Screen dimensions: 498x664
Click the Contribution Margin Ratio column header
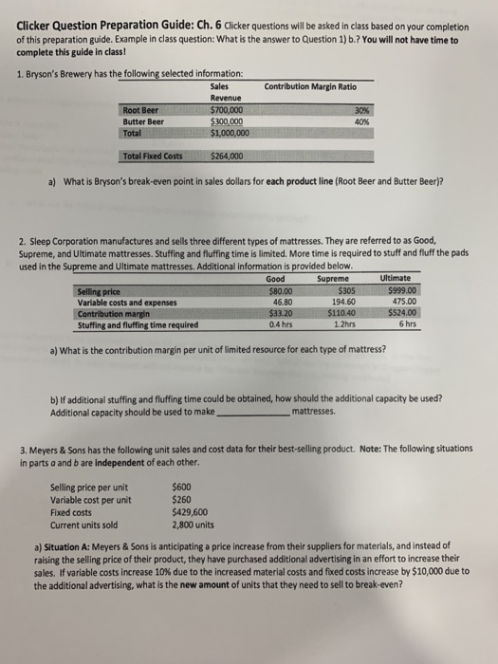pos(310,87)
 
